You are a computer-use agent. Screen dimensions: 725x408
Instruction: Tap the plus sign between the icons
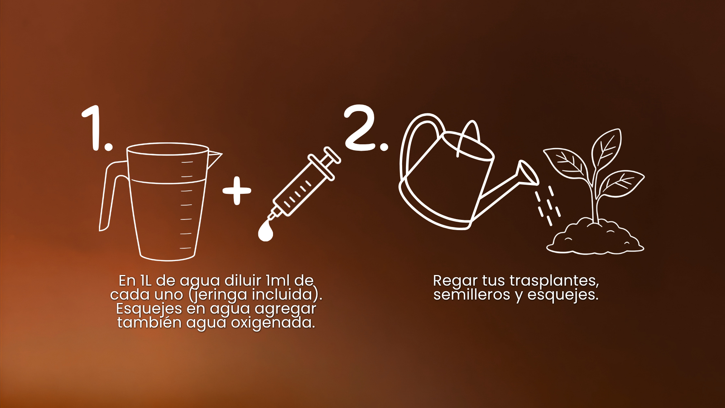point(237,190)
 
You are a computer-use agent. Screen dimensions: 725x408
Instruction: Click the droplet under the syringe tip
point(265,231)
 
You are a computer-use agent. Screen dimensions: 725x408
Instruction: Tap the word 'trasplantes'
point(554,281)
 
